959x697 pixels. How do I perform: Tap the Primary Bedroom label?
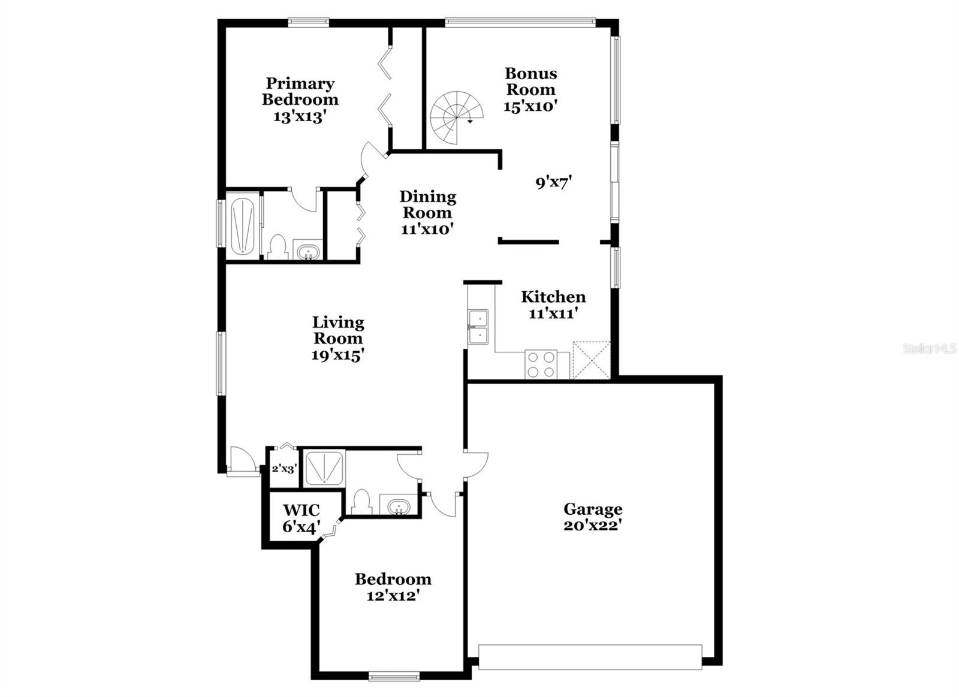point(300,91)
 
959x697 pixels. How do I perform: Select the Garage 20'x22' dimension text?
point(593,526)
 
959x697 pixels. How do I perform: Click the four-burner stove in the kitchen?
point(541,364)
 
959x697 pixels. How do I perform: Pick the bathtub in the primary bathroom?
point(242,226)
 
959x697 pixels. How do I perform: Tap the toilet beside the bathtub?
point(278,247)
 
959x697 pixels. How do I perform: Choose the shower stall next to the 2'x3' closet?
point(324,468)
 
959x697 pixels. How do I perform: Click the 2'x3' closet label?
point(284,469)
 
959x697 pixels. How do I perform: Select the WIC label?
point(301,510)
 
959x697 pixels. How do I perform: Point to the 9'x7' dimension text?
point(554,183)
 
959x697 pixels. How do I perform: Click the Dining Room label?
point(428,204)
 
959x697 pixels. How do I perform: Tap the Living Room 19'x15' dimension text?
point(338,355)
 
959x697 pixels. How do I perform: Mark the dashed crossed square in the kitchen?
point(591,360)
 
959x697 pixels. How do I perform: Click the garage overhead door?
point(590,663)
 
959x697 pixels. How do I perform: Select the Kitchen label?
point(553,297)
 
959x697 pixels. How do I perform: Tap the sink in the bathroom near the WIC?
point(399,508)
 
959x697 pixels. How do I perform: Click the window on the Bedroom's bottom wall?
point(394,677)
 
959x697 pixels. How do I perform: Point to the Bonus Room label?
point(531,82)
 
